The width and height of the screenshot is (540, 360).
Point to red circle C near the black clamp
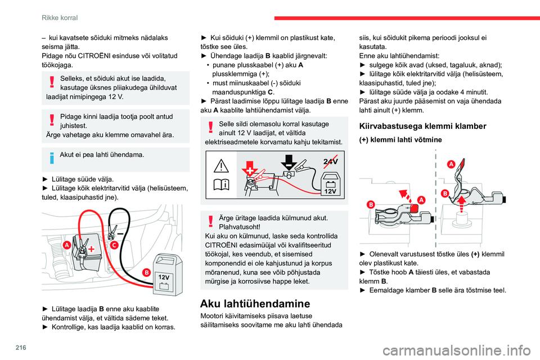[114, 245]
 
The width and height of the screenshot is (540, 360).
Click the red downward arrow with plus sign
[249, 166]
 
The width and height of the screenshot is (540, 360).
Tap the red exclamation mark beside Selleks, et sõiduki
[52, 83]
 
